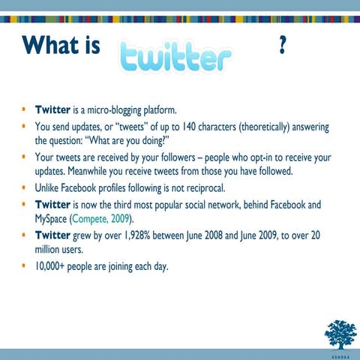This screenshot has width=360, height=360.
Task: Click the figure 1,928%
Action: [x=148, y=235]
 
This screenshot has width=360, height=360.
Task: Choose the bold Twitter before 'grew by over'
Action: [x=53, y=235]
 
